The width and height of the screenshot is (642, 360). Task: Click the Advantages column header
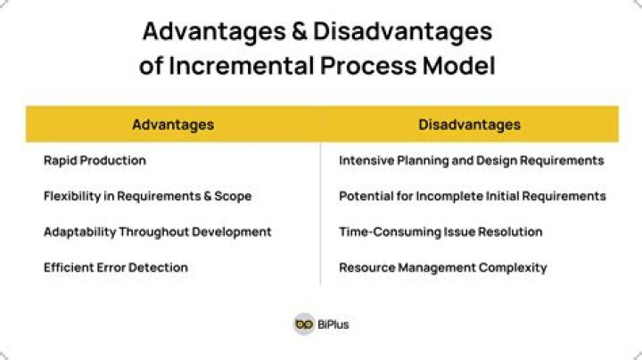173,125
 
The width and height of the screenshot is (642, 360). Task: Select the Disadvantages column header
469,125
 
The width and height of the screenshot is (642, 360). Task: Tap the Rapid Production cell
95,160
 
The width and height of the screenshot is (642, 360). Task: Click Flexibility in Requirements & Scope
147,196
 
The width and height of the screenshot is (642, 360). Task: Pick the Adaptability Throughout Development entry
157,232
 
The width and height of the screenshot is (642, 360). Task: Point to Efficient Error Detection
116,267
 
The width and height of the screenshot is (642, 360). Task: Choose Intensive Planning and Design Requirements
471,160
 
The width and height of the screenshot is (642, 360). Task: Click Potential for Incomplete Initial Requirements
472,196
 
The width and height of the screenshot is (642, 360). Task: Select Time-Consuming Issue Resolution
440,232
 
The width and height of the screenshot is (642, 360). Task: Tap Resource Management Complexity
442,267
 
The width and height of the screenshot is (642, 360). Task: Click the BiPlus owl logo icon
304,324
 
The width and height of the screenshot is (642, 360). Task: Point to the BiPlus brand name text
333,325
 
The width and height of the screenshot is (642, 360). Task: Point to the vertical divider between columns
321,214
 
